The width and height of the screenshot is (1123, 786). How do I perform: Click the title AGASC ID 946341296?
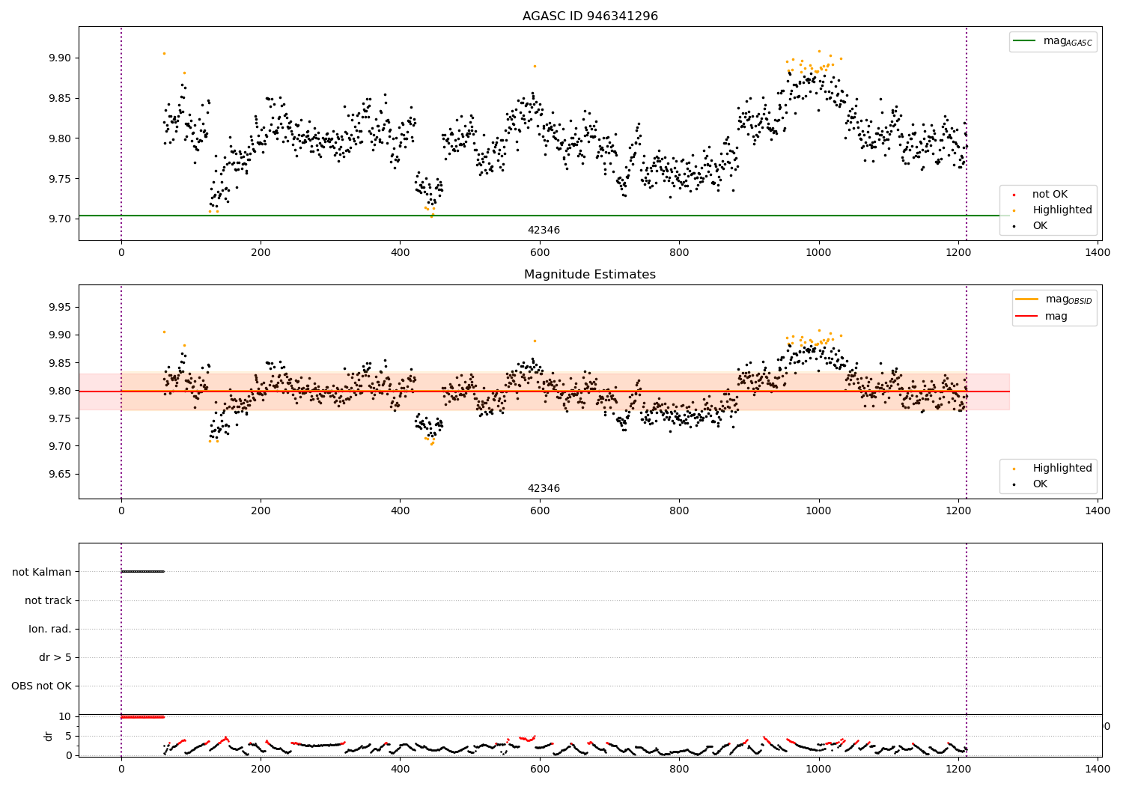tap(590, 16)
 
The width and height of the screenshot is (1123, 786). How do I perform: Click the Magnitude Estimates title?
tap(590, 275)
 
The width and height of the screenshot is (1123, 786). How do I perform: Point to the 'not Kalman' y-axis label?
tap(42, 573)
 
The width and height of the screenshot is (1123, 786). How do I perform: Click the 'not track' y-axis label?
tap(48, 601)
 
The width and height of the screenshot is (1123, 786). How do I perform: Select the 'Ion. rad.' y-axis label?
tap(50, 630)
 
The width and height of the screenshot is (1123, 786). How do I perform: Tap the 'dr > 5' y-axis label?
tap(55, 658)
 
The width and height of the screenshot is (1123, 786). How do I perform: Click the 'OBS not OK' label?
tap(41, 686)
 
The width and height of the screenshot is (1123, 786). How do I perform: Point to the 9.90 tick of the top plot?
tap(60, 58)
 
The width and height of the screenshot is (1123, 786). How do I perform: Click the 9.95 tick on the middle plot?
tap(60, 308)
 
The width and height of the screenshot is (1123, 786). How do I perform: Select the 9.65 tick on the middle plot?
tap(60, 475)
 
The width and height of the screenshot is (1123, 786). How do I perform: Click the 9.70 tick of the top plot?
tap(60, 219)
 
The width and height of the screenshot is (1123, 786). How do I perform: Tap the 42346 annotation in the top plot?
tap(544, 231)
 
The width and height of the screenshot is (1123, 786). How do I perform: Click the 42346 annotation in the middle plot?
tap(544, 489)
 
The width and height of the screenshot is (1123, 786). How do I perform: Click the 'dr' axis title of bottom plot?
tap(49, 736)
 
